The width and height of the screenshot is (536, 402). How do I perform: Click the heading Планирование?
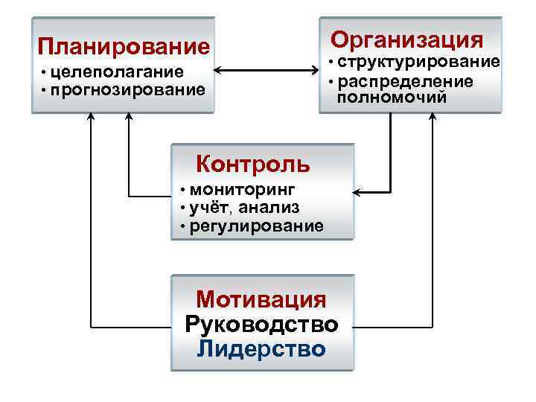click(124, 47)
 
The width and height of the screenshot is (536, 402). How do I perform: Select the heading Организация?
click(406, 39)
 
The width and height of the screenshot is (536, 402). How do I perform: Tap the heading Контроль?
click(252, 162)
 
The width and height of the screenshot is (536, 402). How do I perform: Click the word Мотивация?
click(261, 300)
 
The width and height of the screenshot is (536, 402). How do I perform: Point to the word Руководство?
click(261, 325)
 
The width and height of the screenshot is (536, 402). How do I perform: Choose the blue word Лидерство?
click(261, 349)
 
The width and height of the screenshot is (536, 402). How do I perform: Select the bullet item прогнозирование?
click(128, 90)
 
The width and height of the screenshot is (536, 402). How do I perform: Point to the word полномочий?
click(392, 97)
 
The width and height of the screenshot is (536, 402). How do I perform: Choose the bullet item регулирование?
click(257, 225)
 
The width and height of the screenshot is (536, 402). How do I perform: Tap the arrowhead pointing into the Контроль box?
click(357, 194)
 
